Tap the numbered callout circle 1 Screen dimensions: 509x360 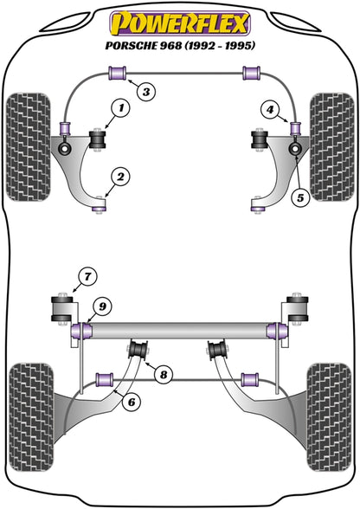coord(119,108)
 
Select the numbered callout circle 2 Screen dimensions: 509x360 coord(119,177)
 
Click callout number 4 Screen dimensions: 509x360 coord(271,109)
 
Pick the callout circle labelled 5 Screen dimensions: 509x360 coord(300,197)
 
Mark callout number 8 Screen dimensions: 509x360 coord(163,374)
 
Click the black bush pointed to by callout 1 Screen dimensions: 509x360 coord(97,139)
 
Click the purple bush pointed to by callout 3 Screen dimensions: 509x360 coord(112,71)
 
